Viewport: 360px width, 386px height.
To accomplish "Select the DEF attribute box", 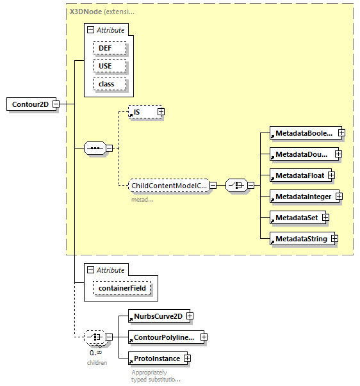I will pos(105,48).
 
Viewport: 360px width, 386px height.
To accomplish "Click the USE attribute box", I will pos(105,66).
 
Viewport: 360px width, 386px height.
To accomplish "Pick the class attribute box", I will pos(106,84).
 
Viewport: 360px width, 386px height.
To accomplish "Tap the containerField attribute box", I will pos(124,289).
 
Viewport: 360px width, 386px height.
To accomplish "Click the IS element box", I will pos(142,112).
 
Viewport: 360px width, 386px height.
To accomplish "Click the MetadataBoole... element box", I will pos(303,133).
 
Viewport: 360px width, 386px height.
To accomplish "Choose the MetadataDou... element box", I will pos(302,154).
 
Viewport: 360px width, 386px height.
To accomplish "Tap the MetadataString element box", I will pos(300,239).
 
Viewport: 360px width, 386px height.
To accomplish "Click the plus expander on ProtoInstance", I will pos(187,358).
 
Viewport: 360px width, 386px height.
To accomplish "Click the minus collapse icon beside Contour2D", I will pos(56,104).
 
